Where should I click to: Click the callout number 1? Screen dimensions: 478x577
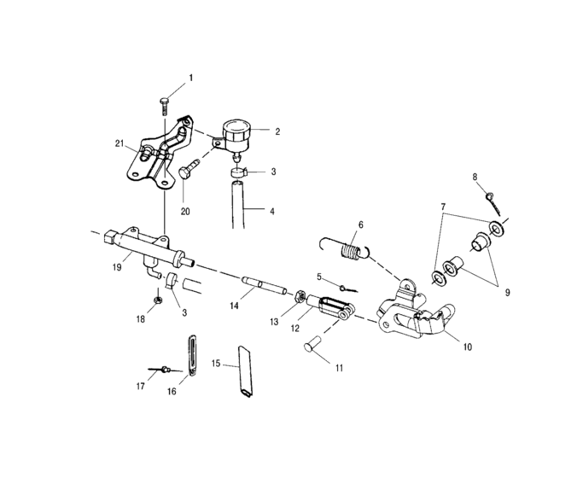pos(190,78)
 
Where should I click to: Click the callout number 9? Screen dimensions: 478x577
pos(507,292)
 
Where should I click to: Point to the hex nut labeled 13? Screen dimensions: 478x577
pos(301,297)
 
